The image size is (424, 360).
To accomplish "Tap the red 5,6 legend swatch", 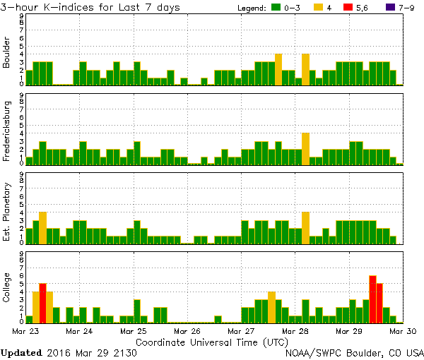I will tap(353, 7).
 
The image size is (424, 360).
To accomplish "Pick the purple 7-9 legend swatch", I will tap(389, 7).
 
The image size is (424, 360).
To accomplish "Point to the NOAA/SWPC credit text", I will tap(354, 352).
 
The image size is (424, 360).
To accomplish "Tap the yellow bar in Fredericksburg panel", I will tap(305, 148).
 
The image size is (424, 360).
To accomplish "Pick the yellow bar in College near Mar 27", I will tap(271, 307).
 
